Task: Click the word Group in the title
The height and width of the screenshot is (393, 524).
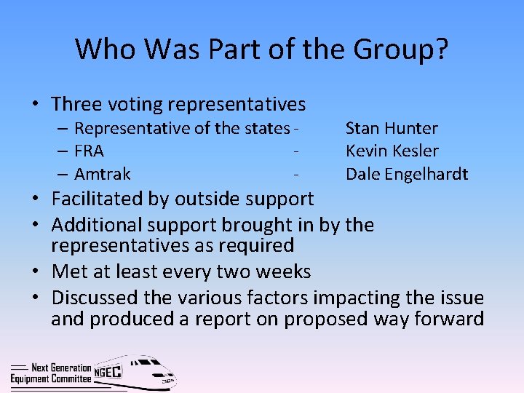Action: click(392, 49)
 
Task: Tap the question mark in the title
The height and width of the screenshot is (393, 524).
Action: click(441, 49)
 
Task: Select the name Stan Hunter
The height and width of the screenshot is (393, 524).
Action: click(392, 129)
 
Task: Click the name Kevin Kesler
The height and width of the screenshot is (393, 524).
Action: click(392, 151)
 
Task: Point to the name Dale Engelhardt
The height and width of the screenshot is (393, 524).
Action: click(406, 174)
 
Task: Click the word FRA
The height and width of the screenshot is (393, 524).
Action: click(89, 151)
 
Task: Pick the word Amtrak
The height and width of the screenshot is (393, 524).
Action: click(103, 174)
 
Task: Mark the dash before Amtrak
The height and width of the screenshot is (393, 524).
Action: click(63, 174)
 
